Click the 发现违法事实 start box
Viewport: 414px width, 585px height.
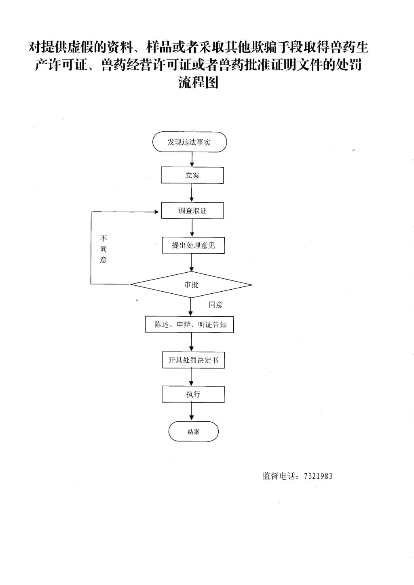click(190, 142)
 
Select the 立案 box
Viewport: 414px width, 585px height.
click(192, 175)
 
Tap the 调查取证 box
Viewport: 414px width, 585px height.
click(192, 210)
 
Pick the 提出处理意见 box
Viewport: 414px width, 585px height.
click(193, 245)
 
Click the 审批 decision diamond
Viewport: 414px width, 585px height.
click(191, 284)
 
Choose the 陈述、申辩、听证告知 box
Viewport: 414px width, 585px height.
click(190, 324)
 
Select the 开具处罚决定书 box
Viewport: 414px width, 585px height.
click(193, 360)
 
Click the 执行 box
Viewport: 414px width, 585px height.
click(193, 394)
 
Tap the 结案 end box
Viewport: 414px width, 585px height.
click(193, 431)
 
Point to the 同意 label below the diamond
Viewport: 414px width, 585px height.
click(215, 305)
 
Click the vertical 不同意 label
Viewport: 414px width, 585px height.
click(103, 249)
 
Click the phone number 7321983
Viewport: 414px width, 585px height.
click(318, 476)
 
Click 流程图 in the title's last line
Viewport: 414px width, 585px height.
click(199, 82)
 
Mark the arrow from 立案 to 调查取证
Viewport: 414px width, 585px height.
click(192, 193)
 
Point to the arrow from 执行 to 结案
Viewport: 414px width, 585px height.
click(192, 412)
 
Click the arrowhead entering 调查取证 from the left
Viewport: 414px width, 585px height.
click(157, 212)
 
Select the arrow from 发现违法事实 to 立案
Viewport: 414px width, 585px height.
click(192, 160)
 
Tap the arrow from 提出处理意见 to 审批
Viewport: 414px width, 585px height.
click(192, 263)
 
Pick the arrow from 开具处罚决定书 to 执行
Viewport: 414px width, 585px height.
click(192, 377)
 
